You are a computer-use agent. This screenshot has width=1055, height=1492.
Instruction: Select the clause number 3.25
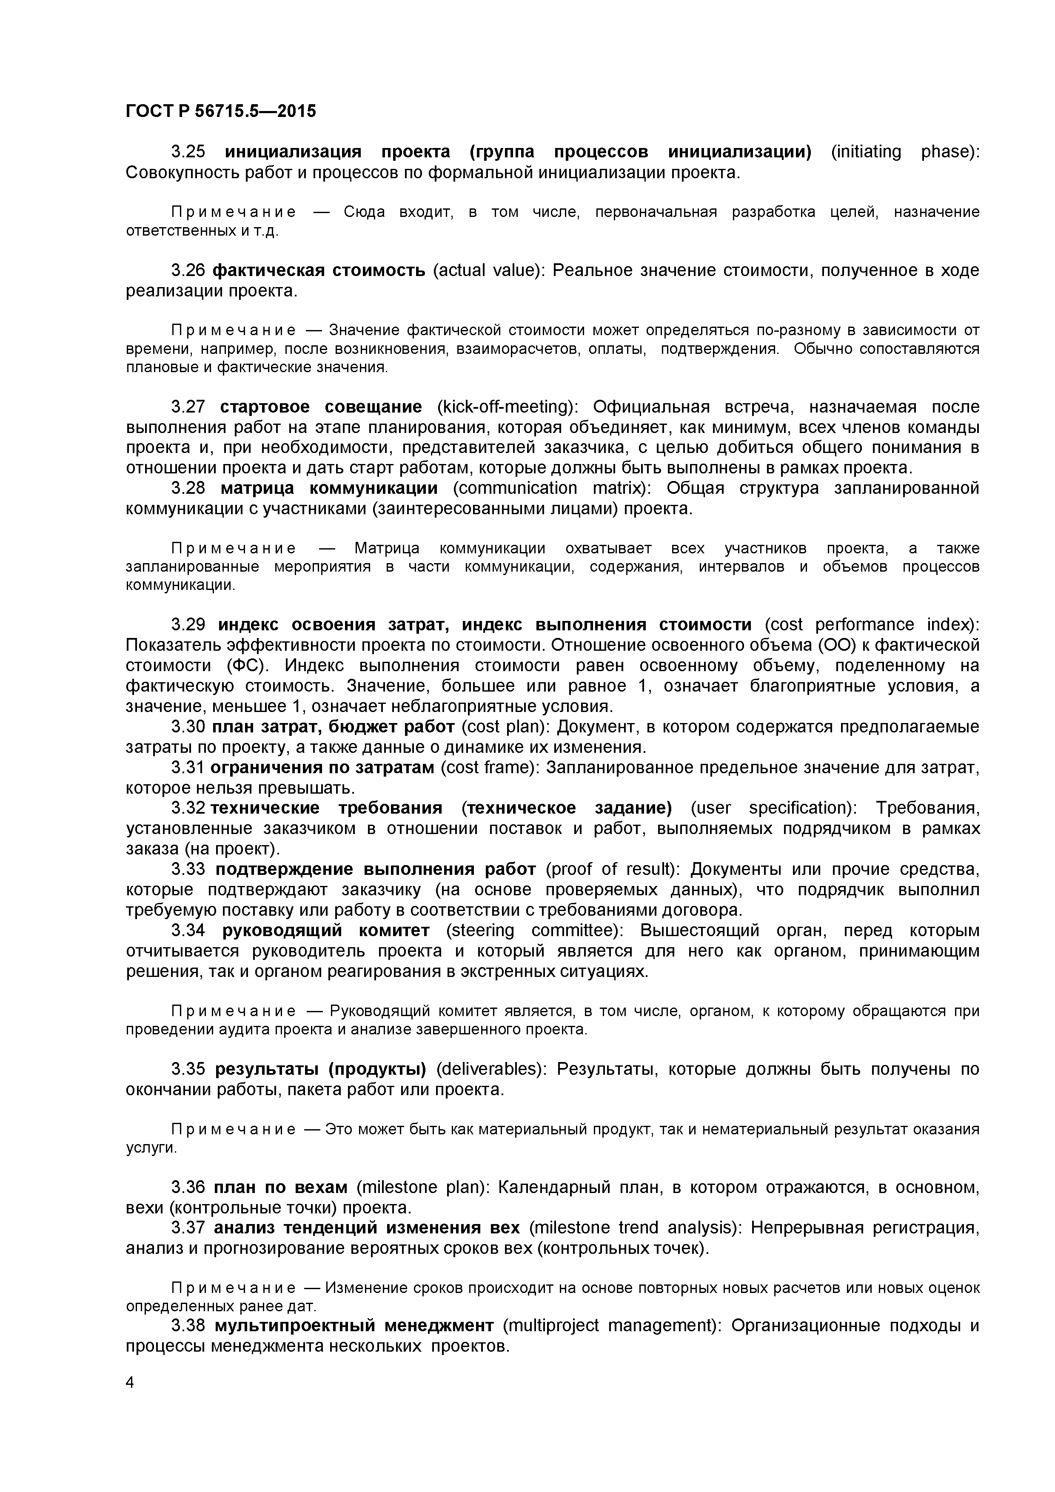[x=188, y=152]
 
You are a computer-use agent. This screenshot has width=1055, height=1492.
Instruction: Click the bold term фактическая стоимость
[x=319, y=270]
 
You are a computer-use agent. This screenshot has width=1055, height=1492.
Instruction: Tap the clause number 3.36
[x=188, y=1187]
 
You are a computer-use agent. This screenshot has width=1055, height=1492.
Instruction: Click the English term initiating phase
[x=904, y=152]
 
